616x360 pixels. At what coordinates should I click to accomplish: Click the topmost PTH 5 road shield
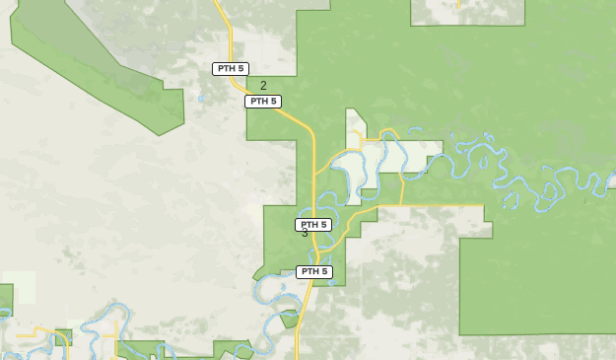[231, 68]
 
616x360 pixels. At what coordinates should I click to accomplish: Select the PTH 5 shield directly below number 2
[263, 101]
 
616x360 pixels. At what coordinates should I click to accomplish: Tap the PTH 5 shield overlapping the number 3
[313, 225]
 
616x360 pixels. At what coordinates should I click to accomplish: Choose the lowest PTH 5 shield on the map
[313, 271]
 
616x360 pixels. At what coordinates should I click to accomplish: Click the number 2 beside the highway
[263, 86]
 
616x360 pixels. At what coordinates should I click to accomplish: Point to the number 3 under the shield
[305, 234]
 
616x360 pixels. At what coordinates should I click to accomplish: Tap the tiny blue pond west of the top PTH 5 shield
[200, 98]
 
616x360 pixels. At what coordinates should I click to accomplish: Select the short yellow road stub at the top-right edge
[459, 4]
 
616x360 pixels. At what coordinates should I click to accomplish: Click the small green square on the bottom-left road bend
[63, 337]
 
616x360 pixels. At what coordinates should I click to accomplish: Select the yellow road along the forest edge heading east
[434, 205]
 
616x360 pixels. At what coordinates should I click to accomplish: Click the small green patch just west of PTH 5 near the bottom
[289, 319]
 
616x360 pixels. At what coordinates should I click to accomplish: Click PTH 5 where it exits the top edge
[218, 3]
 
